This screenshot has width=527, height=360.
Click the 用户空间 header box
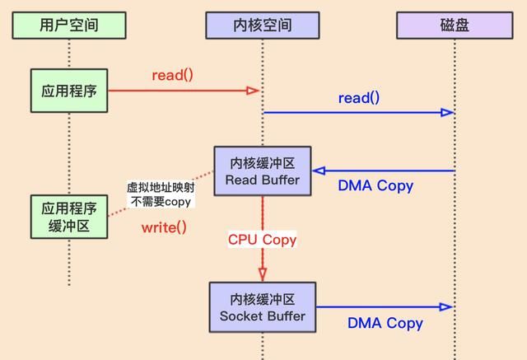pos(69,25)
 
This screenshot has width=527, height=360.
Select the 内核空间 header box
pos(261,25)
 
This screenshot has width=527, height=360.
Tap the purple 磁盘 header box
pos(455,25)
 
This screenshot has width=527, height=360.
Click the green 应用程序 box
pos(69,91)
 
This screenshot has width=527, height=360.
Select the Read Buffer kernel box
pos(263,171)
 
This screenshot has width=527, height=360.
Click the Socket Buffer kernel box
pos(263,306)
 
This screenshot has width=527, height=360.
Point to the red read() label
pos(172,75)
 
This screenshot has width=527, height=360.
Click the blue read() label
pos(359,98)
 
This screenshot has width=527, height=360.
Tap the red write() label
pos(164,227)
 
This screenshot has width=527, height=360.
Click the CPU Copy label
pos(262,240)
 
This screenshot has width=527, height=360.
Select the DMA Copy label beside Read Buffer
pos(375,185)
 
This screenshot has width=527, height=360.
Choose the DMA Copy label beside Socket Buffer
pos(385,323)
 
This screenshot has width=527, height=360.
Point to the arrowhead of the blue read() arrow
pos(448,112)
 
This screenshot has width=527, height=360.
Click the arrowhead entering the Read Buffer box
pos(319,171)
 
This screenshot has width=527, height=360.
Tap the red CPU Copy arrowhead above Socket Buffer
pos(263,274)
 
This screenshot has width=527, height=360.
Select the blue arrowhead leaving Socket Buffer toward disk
pos(447,306)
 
